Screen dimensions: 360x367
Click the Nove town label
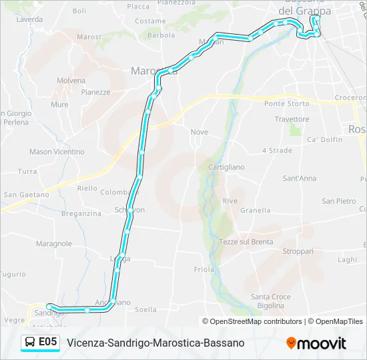click(199, 132)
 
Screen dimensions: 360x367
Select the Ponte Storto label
click(286, 103)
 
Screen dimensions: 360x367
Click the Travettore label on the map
click(292, 119)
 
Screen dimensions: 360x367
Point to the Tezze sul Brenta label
click(246, 242)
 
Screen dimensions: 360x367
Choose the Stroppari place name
click(298, 251)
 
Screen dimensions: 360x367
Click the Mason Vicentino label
click(57, 152)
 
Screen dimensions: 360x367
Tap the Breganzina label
click(81, 213)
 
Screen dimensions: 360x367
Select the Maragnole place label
click(54, 244)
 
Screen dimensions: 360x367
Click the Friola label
click(204, 269)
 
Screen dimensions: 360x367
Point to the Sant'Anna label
click(300, 179)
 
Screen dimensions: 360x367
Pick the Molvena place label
click(71, 81)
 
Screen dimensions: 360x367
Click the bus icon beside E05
click(31, 343)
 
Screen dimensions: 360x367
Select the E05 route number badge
click(47, 343)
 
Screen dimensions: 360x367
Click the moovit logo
click(316, 343)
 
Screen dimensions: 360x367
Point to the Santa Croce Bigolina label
click(270, 301)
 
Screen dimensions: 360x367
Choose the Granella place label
click(255, 210)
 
